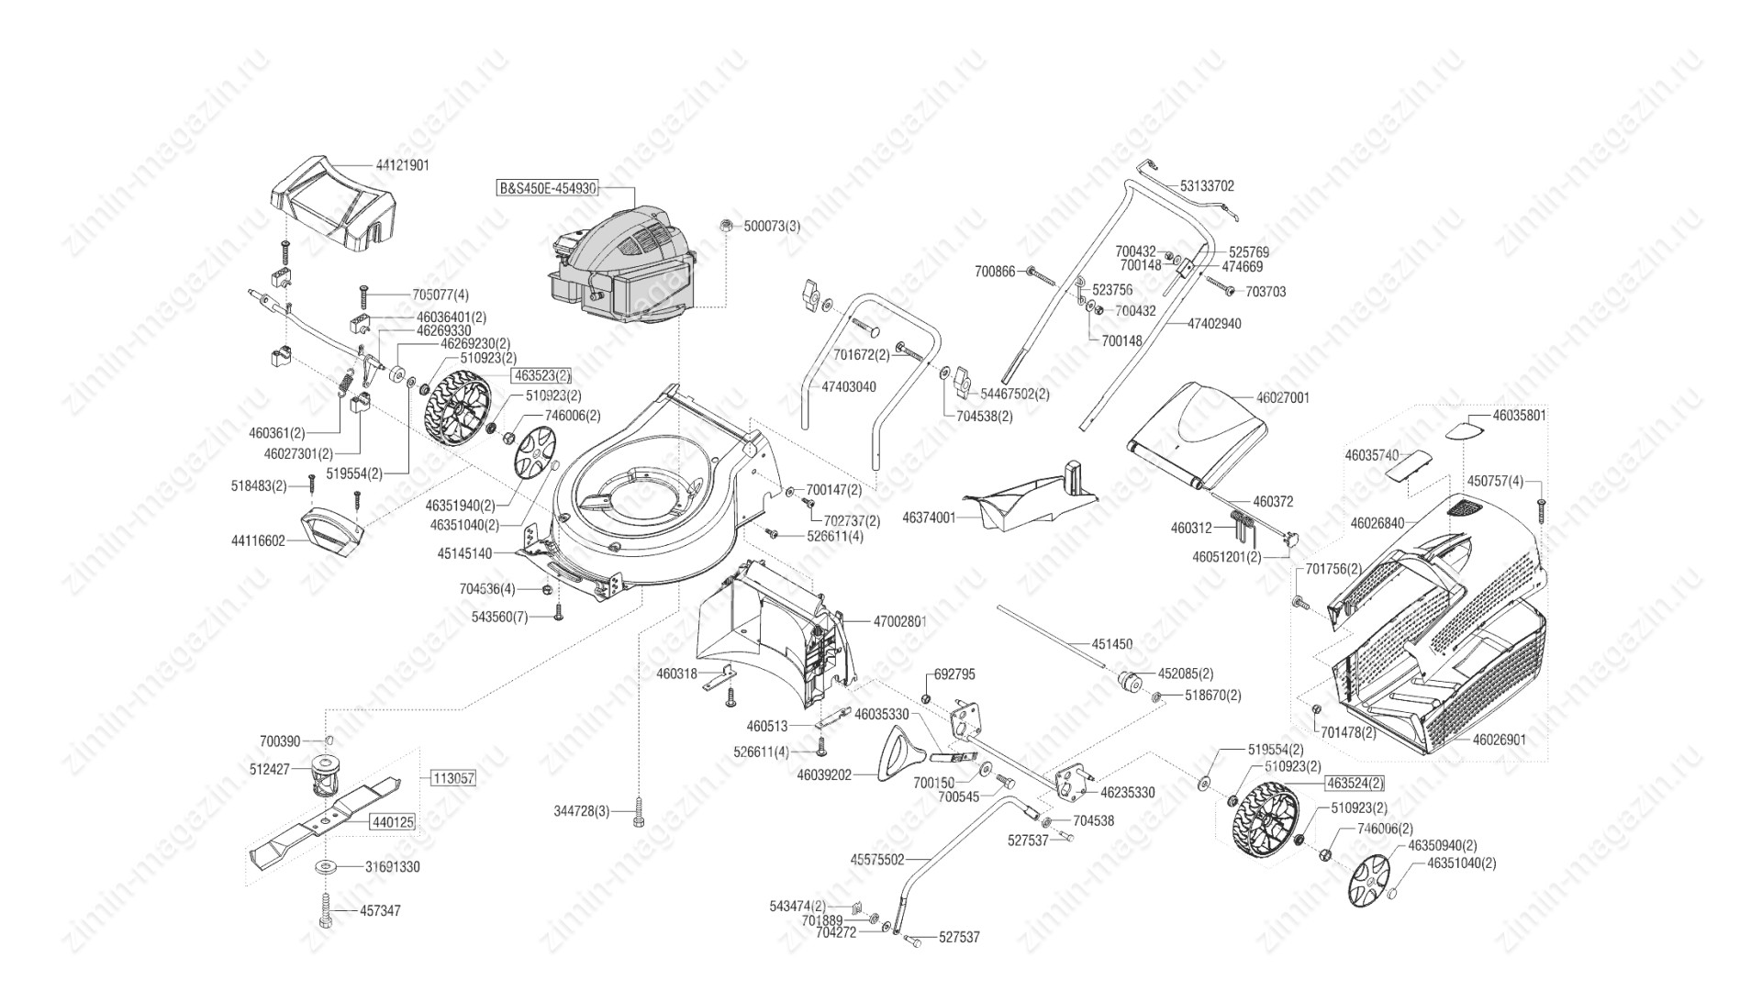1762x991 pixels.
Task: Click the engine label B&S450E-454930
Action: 547,188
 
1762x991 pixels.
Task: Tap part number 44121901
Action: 402,165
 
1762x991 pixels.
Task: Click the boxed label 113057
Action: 453,778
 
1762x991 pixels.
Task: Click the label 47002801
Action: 899,621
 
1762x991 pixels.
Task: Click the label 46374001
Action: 929,518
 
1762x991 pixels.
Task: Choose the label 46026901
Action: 1500,739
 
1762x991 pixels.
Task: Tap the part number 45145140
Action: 464,553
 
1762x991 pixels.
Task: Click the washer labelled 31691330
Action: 326,866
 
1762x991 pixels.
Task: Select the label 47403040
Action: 848,387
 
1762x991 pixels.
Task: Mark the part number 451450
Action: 1111,644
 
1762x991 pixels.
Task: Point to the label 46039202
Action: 824,775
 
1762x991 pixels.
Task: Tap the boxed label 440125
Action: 392,822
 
